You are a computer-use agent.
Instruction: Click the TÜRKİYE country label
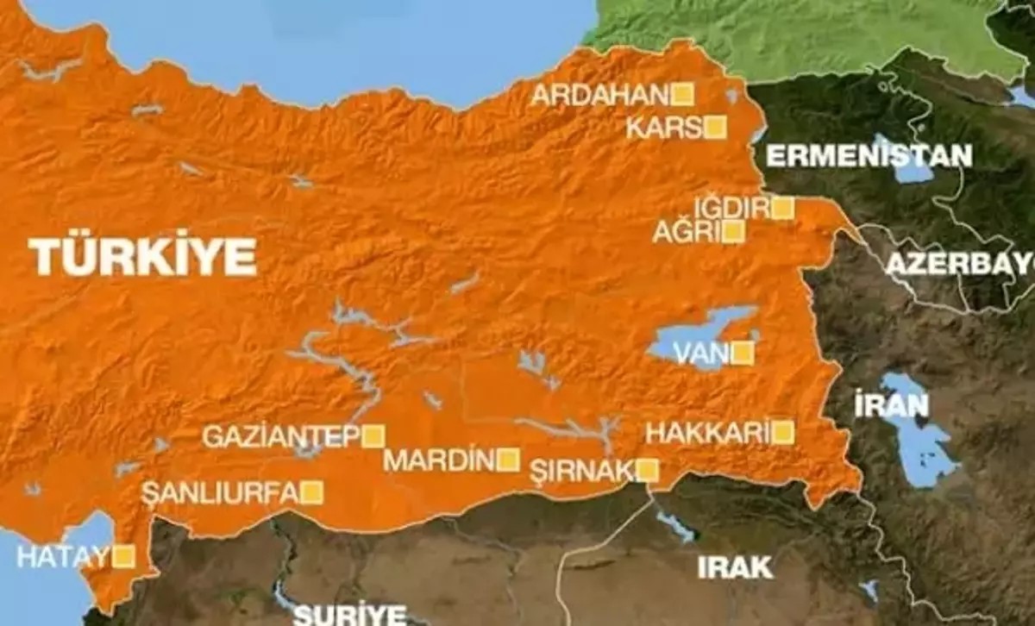143,257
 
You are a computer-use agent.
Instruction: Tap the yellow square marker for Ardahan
683,94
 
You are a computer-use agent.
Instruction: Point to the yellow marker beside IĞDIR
782,208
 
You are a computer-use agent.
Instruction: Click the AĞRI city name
686,232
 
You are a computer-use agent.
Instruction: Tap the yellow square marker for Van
743,353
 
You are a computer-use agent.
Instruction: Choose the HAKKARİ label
706,433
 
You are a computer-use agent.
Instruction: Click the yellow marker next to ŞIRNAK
648,470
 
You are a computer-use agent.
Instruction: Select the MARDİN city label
439,460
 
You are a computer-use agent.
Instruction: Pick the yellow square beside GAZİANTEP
373,436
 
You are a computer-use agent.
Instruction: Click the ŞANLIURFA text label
220,493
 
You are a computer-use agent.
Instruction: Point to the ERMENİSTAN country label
869,156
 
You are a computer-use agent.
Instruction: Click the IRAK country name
735,567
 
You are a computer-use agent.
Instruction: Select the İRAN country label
879,405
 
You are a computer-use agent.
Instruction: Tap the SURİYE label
349,614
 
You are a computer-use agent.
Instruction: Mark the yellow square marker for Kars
715,128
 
